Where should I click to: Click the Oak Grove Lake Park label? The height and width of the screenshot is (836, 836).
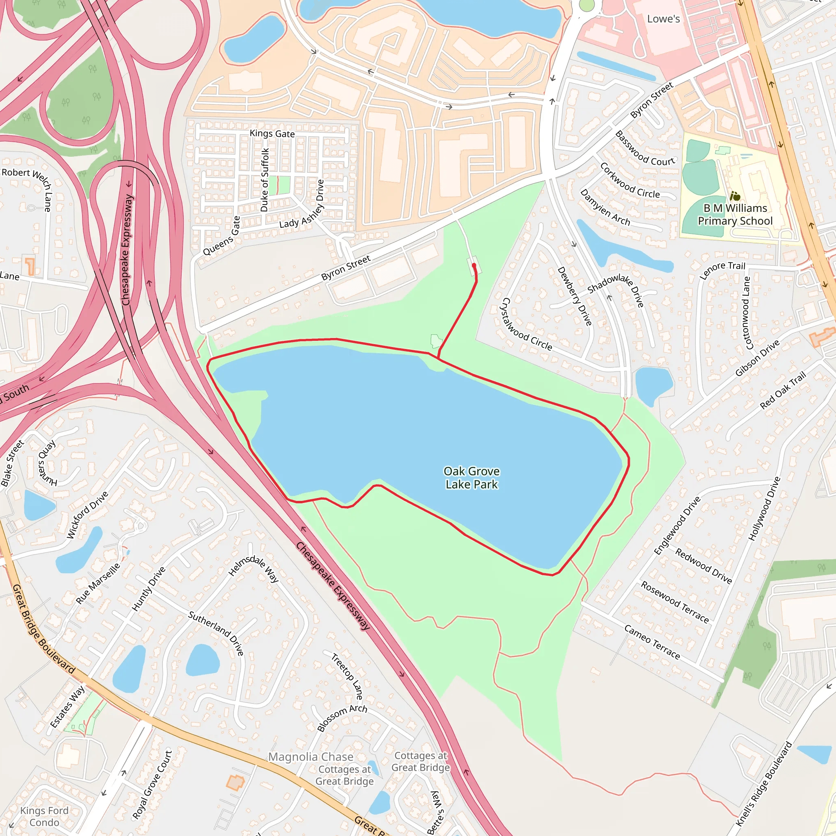click(471, 478)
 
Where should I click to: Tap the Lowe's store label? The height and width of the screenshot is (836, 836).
click(663, 19)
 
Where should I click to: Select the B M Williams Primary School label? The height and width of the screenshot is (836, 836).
click(735, 215)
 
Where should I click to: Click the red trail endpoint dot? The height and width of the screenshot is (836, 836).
click(474, 265)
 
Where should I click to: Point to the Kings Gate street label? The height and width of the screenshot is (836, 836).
click(272, 134)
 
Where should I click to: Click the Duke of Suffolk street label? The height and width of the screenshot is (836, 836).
click(265, 180)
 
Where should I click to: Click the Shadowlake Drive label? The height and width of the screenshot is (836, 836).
click(616, 289)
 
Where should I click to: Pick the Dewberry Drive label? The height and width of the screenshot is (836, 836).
click(574, 296)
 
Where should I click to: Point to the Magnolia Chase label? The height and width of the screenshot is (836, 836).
click(311, 757)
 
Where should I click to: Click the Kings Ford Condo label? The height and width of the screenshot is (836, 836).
click(44, 816)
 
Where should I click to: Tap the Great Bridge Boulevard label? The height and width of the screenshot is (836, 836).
click(43, 629)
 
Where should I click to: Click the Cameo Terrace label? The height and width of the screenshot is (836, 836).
click(651, 642)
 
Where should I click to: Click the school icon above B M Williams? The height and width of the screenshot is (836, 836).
click(735, 196)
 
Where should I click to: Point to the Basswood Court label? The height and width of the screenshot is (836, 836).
click(645, 149)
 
